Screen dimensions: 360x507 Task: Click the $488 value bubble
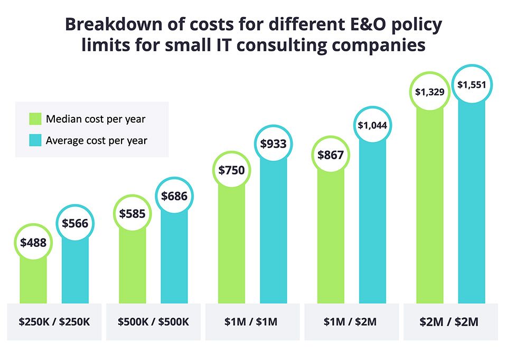(33, 243)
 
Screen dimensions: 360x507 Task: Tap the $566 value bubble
(75, 223)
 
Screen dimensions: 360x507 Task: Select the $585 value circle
(132, 214)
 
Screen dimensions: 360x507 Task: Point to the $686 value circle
(174, 196)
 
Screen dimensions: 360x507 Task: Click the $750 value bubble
(232, 170)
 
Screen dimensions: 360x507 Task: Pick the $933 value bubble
(273, 143)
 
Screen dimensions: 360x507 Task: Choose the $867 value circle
(331, 155)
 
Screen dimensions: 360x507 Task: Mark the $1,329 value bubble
(430, 92)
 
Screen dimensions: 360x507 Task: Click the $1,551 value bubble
(471, 84)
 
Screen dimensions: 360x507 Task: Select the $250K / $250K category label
(54, 321)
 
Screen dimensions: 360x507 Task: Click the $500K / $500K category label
(153, 321)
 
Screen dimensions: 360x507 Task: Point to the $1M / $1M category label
(252, 321)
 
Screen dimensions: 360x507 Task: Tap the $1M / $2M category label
(351, 321)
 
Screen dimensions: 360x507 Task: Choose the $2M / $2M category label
(449, 321)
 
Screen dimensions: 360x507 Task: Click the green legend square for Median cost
(34, 119)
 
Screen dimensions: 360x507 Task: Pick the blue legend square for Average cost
(34, 141)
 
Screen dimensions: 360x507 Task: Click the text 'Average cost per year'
(97, 141)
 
